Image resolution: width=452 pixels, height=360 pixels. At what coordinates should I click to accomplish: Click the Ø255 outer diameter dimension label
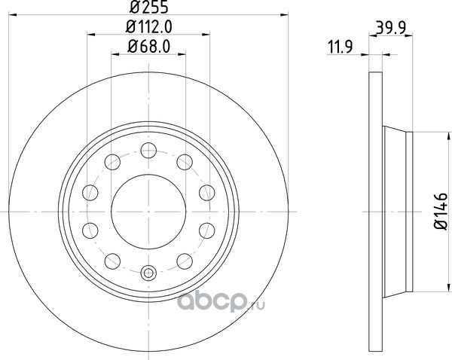[x=148, y=8]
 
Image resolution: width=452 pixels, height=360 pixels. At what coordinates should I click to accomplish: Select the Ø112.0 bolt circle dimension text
[x=148, y=27]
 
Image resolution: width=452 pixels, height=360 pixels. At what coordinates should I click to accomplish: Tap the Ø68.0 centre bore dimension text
[x=148, y=47]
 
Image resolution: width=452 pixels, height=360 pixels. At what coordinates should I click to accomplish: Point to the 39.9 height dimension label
[x=391, y=29]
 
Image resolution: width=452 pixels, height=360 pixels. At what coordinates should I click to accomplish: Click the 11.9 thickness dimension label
[x=341, y=47]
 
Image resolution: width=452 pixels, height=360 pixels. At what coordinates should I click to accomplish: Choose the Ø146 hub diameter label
[x=441, y=212]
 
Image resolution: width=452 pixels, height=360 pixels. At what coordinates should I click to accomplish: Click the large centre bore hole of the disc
[x=148, y=212]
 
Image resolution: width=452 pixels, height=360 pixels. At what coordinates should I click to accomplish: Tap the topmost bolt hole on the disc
[x=148, y=150]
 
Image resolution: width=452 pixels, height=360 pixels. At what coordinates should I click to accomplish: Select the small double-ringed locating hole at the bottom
[x=148, y=273]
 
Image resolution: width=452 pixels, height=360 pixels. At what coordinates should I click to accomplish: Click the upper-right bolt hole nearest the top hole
[x=185, y=162]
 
